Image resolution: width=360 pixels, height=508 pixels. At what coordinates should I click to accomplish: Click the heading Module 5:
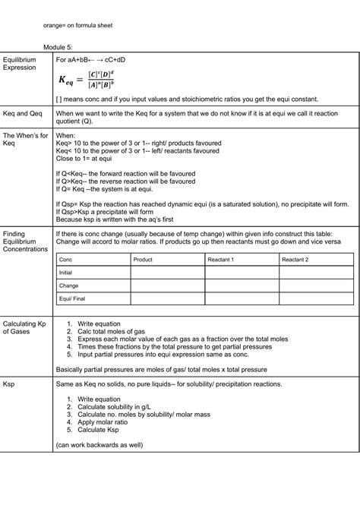point(57,46)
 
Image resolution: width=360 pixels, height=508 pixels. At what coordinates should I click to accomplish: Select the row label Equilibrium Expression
point(20,63)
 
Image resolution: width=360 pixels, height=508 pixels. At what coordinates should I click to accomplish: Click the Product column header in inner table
point(142,260)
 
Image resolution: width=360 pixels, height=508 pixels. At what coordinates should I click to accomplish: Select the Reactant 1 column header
point(221,260)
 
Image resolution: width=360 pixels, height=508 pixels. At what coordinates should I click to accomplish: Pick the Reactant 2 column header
point(295,260)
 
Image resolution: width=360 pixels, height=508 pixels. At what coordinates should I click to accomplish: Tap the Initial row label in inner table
point(65,273)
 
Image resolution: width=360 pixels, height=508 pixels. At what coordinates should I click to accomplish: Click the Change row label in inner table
point(68,286)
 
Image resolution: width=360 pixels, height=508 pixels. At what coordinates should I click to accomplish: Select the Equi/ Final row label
point(72,299)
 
